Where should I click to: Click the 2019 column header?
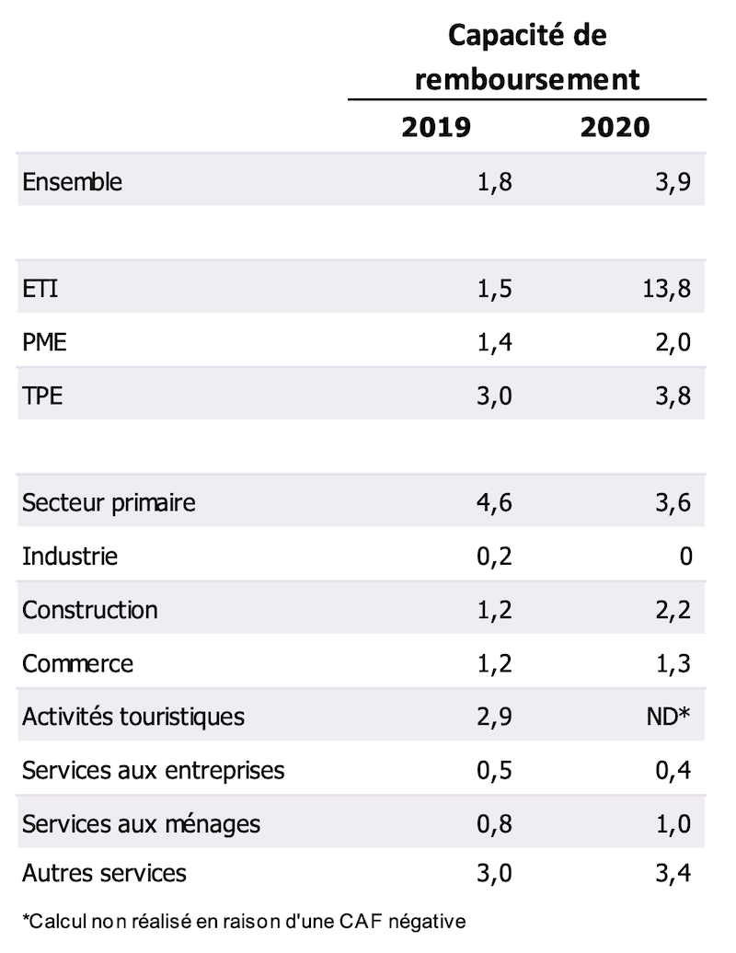click(436, 127)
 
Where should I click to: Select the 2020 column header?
click(615, 127)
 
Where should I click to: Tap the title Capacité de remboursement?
click(527, 57)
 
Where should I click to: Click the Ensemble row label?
click(72, 181)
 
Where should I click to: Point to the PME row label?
click(44, 343)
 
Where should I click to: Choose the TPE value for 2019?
click(494, 396)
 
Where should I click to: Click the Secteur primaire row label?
click(109, 503)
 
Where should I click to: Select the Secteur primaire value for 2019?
click(494, 503)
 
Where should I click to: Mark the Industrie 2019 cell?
click(494, 557)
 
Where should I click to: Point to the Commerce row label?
click(77, 663)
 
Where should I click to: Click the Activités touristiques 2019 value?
click(494, 717)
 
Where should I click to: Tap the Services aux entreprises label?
click(153, 770)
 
